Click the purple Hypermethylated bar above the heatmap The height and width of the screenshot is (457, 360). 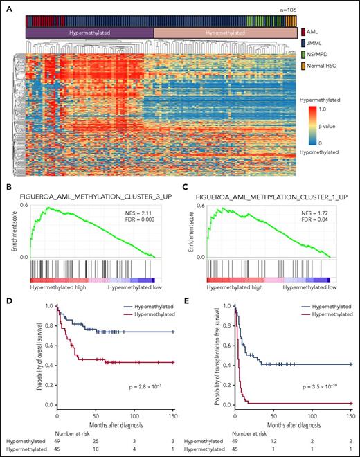click(x=89, y=33)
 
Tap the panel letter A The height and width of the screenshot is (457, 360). click(x=8, y=7)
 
